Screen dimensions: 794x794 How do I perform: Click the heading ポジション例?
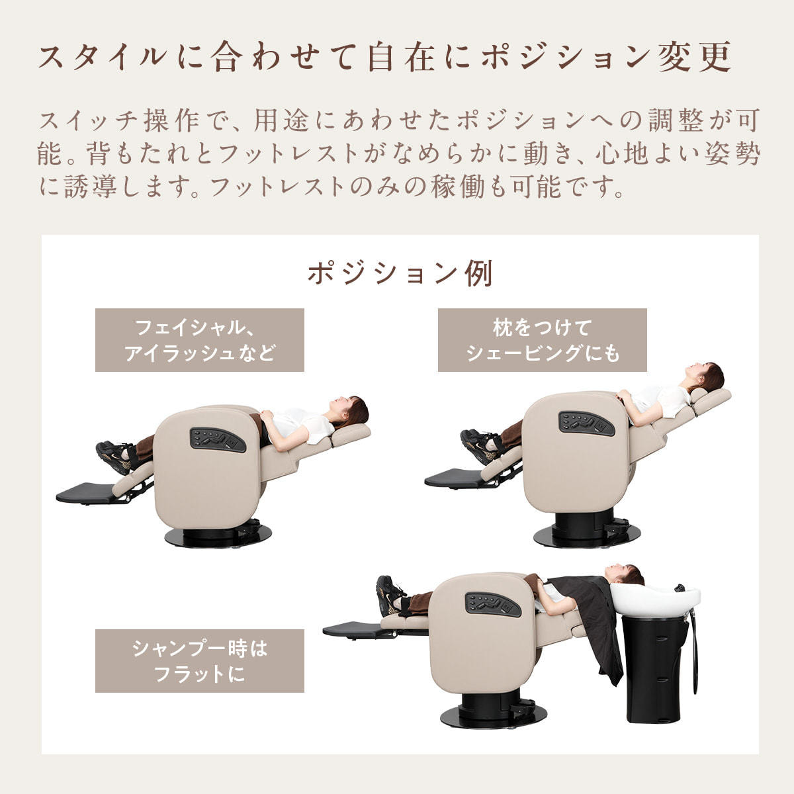[400, 273]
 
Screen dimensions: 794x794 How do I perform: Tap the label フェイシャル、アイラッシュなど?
[200, 340]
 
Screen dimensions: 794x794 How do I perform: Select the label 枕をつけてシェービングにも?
[543, 340]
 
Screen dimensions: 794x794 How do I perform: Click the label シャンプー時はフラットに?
[200, 661]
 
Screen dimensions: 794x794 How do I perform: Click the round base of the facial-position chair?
[218, 537]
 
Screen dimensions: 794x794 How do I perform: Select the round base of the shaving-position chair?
[587, 536]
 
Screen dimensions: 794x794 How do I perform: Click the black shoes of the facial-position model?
[114, 456]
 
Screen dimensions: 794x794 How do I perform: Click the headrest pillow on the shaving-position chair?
[708, 396]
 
